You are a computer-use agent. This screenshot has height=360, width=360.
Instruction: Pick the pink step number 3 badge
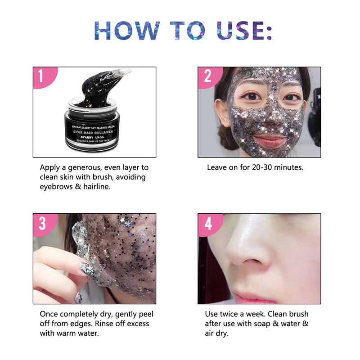click(42, 223)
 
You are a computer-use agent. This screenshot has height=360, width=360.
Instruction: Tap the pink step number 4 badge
click(207, 223)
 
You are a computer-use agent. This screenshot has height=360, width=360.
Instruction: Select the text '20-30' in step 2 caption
click(254, 167)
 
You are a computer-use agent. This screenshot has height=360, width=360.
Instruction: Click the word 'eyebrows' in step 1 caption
click(56, 187)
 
